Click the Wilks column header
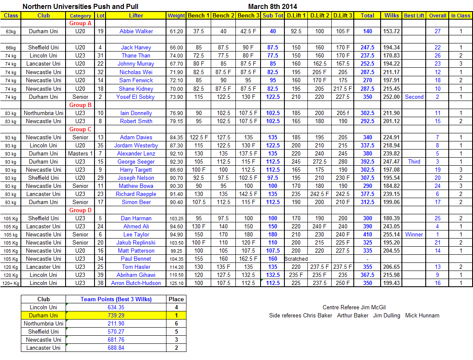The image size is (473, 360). point(392,15)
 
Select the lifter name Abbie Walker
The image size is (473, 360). point(136,31)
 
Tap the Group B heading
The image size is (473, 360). point(80,105)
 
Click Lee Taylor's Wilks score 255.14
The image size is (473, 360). point(392,234)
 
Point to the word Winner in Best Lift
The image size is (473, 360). point(414,234)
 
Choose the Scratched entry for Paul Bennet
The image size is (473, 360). point(296,259)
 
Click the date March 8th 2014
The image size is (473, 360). point(272,6)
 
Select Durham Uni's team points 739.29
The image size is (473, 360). point(116,315)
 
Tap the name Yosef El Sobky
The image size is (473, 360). point(136,97)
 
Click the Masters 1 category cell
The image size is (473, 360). point(80,153)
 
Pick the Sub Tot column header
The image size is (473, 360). point(273,15)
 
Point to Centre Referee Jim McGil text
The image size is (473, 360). point(354,307)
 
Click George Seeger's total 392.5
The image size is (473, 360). point(367,161)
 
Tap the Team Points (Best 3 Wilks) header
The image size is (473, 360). point(116,299)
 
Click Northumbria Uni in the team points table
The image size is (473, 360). point(44,323)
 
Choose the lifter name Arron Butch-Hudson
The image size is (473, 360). point(136,283)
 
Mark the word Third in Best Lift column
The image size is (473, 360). point(414,161)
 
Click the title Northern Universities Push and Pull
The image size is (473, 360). point(80,6)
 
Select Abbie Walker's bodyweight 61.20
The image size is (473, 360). point(176,31)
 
